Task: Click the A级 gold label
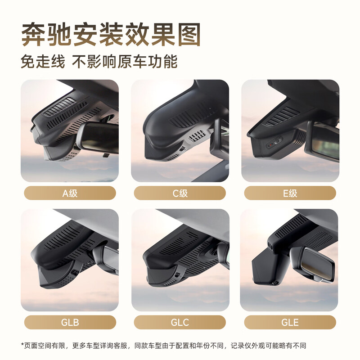(x=70, y=193)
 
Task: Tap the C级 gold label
(x=180, y=193)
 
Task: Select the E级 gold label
(x=290, y=193)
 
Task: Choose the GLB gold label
(x=70, y=322)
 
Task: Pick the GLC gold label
(x=180, y=322)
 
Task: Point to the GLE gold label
(x=290, y=322)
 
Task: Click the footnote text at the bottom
(x=164, y=346)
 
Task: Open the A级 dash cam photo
(x=70, y=130)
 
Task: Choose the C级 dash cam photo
(x=180, y=130)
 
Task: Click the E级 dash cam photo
(x=290, y=130)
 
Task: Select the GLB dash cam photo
(x=70, y=260)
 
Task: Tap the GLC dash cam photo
(x=180, y=260)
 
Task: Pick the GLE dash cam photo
(x=290, y=260)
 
